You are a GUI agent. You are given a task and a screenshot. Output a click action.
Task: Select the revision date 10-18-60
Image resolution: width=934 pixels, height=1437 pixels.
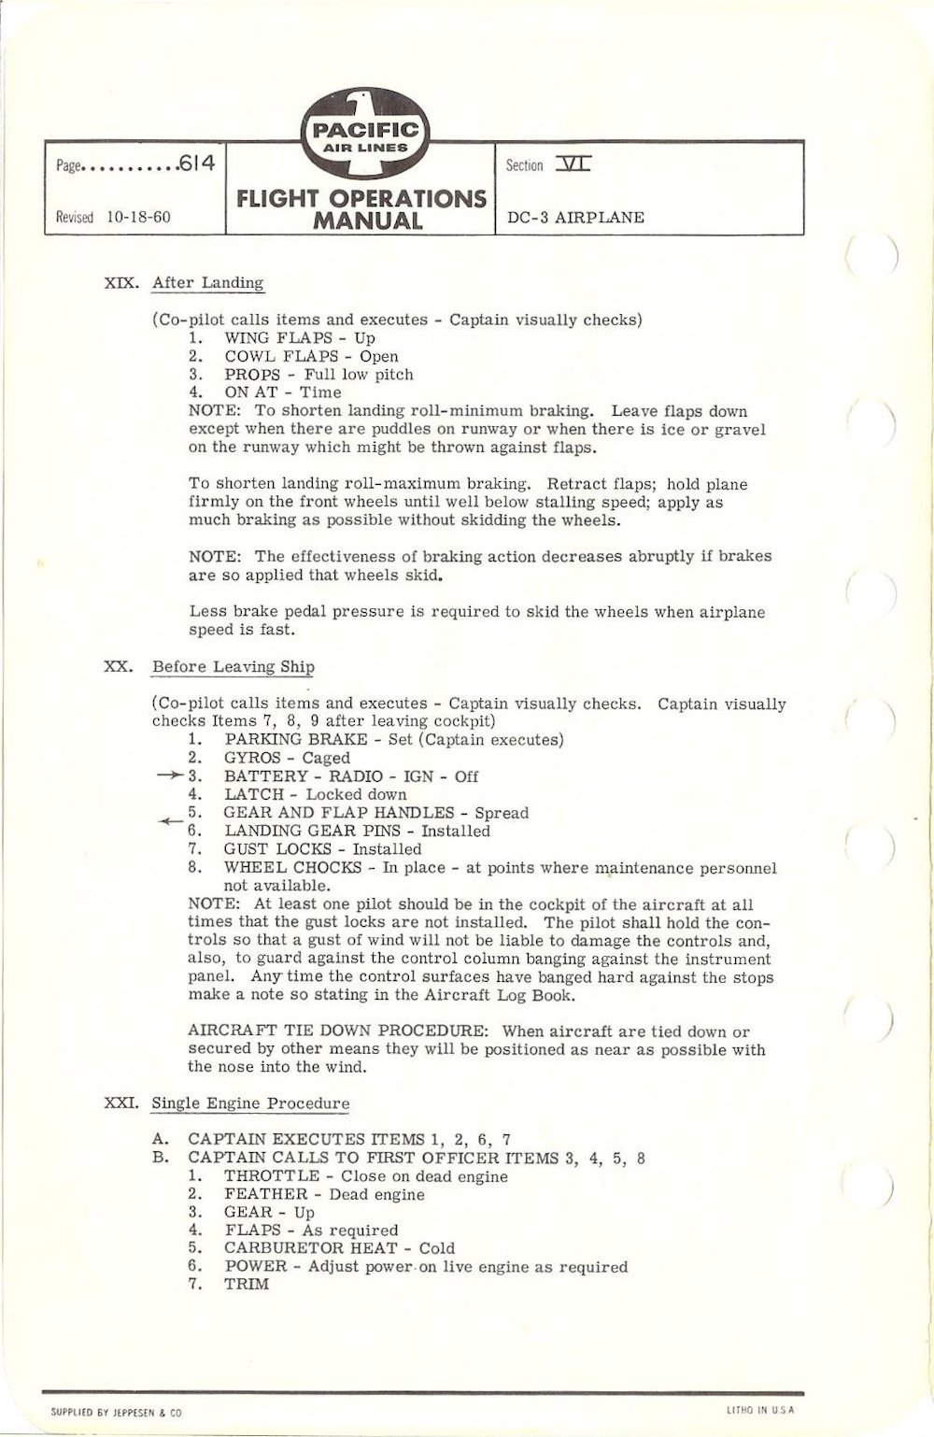pyautogui.click(x=139, y=218)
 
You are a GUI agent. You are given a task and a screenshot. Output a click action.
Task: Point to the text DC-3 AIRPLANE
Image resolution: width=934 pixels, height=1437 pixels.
pyautogui.click(x=575, y=218)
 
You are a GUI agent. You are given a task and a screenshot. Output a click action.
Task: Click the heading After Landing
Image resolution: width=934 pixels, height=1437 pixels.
pyautogui.click(x=207, y=283)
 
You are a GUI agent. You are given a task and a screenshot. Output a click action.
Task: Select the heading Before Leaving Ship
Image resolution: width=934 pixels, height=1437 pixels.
pyautogui.click(x=233, y=667)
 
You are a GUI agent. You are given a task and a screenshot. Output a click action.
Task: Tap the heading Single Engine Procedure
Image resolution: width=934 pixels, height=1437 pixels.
pyautogui.click(x=250, y=1103)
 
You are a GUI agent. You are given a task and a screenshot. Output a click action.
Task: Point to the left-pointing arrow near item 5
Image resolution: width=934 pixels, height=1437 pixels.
pyautogui.click(x=169, y=821)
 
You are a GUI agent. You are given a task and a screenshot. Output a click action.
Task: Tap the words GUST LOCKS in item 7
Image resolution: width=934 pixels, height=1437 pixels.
pyautogui.click(x=277, y=849)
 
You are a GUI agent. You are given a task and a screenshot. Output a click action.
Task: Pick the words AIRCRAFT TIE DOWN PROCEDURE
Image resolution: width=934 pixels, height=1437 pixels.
pyautogui.click(x=340, y=1032)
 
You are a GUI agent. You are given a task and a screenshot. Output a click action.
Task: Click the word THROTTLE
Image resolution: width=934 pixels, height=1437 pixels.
pyautogui.click(x=272, y=1176)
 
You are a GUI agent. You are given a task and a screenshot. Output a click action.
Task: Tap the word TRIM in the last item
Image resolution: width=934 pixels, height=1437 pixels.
pyautogui.click(x=247, y=1285)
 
